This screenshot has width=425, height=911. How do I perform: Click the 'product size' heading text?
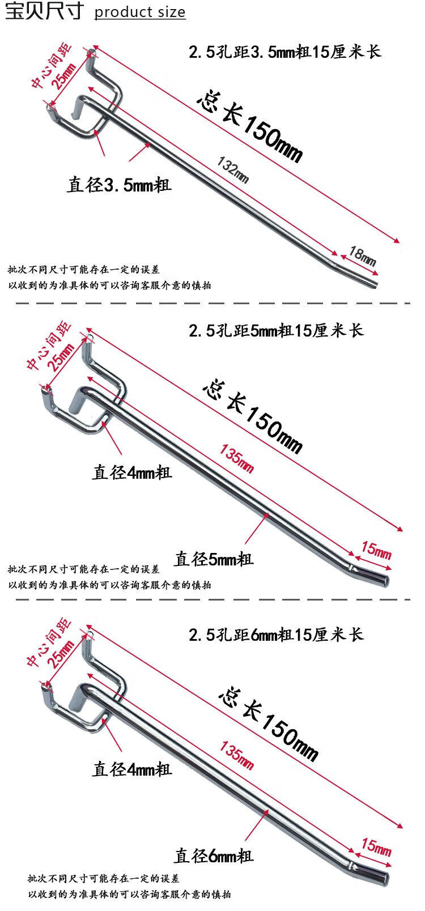(x=140, y=12)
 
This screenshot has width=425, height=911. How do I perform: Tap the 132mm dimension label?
(x=233, y=170)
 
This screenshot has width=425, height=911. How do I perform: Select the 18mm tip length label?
(x=362, y=256)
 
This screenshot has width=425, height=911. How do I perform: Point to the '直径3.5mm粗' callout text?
(x=119, y=185)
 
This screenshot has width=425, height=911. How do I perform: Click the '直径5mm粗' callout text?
(x=214, y=559)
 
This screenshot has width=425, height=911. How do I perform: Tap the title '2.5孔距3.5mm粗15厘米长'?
(x=285, y=52)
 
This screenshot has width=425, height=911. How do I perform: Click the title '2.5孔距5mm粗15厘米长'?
(x=276, y=330)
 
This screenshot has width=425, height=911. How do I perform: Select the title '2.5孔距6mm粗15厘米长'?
(x=276, y=635)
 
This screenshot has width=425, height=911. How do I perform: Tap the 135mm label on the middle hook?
(x=237, y=459)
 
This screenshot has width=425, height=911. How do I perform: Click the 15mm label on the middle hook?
(x=376, y=551)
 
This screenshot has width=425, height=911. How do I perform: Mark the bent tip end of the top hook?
(x=376, y=284)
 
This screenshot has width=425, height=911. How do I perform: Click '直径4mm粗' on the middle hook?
(x=132, y=472)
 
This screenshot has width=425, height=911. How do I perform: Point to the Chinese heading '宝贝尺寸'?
(x=44, y=11)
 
